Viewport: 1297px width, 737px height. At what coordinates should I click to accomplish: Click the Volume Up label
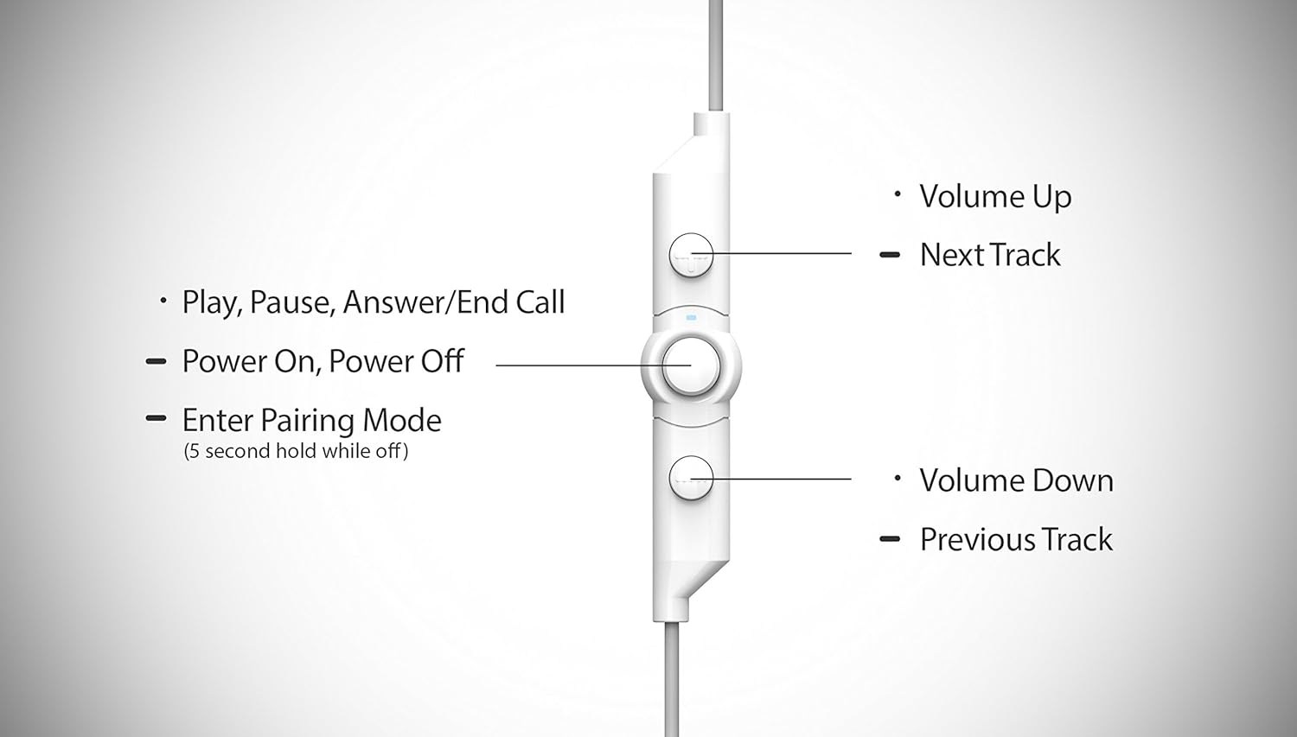click(995, 197)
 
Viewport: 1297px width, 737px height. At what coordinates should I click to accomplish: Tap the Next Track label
click(990, 255)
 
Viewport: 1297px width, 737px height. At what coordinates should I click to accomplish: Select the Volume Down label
click(1016, 480)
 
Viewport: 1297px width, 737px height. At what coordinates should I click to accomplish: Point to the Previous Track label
click(1016, 539)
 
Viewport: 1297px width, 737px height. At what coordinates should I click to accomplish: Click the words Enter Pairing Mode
click(311, 421)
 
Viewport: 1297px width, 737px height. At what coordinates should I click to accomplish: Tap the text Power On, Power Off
click(323, 361)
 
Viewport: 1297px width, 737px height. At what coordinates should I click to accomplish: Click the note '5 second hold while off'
click(296, 451)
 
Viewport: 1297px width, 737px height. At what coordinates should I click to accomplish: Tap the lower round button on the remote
click(691, 478)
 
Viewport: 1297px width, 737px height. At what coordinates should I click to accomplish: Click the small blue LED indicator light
click(691, 317)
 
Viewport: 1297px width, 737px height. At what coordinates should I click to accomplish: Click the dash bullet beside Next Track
click(890, 255)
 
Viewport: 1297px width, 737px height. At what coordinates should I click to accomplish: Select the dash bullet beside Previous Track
click(890, 539)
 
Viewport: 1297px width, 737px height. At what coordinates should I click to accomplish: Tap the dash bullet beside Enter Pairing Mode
click(156, 418)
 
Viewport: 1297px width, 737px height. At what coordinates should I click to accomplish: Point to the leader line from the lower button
click(778, 479)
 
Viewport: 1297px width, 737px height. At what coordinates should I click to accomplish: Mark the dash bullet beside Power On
click(156, 361)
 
